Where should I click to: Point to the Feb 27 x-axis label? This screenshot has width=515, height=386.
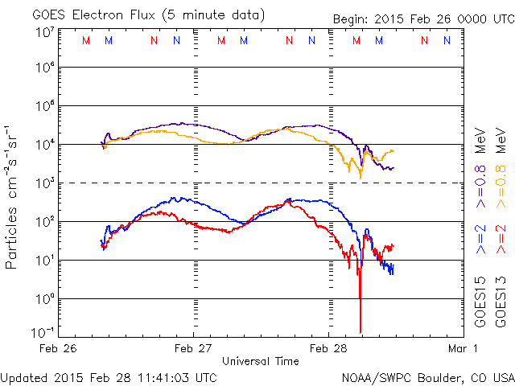193,348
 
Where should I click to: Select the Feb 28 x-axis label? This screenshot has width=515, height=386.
328,348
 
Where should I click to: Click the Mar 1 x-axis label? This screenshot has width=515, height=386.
464,348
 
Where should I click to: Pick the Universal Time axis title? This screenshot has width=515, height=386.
260,361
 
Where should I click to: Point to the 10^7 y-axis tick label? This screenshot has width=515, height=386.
44,32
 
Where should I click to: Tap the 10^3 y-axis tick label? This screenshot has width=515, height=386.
44,183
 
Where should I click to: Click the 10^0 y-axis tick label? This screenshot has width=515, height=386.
44,298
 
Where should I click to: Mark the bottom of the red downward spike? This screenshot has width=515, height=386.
360,330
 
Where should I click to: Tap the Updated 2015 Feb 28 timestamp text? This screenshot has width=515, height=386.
109,376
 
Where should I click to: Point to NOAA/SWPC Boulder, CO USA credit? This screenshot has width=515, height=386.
427,376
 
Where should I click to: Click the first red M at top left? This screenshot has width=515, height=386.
86,40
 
